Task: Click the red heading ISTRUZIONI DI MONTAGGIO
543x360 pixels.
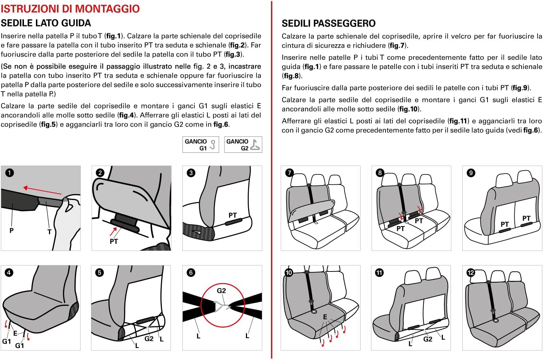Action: [70, 8]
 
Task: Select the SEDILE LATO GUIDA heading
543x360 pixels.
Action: [46, 23]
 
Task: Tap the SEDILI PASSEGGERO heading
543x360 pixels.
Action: [329, 24]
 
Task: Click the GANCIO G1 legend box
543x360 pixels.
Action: [201, 144]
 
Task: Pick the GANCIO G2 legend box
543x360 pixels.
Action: [243, 144]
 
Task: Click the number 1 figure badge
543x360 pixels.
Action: [10, 173]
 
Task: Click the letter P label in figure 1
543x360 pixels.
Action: [12, 230]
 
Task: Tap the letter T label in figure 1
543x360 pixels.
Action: [49, 232]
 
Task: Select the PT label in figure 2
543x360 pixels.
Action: [114, 241]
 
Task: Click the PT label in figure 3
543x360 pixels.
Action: [233, 215]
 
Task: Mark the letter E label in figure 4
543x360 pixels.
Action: [15, 333]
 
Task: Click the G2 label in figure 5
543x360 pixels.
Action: [149, 339]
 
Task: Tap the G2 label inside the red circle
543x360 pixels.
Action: [221, 291]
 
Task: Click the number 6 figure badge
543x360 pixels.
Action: [191, 273]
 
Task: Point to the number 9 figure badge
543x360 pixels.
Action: [471, 173]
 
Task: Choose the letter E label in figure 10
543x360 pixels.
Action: [325, 317]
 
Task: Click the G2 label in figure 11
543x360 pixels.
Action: [428, 339]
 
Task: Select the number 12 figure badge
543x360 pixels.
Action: [471, 273]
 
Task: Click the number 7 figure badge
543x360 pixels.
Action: [289, 173]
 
